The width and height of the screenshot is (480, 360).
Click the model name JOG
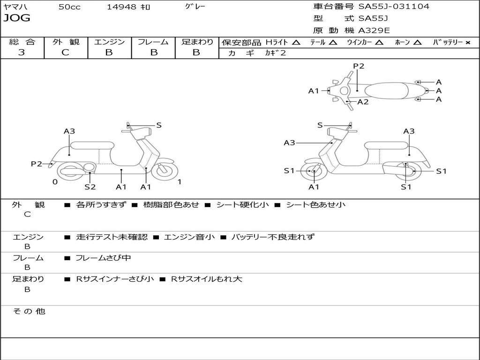17,18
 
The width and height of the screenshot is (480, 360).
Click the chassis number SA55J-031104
394,7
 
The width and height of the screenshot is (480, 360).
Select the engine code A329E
374,30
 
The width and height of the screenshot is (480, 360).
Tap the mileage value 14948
121,7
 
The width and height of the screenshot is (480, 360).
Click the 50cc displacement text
69,7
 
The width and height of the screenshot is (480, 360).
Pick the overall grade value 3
22,52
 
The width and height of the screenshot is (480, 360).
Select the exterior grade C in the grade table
65,52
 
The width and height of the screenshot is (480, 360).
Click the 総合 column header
22,42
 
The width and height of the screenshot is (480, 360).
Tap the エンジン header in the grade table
109,42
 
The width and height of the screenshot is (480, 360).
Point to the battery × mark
468,42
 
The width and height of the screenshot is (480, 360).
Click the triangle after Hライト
296,42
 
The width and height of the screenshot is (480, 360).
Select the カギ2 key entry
276,53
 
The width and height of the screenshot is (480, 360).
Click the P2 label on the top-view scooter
359,66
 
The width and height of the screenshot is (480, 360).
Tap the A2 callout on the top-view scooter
363,102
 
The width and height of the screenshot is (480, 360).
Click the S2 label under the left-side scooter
90,187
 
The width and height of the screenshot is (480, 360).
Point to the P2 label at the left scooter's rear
37,164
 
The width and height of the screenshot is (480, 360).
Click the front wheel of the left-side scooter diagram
165,170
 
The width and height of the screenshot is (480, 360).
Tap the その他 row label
29,311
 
